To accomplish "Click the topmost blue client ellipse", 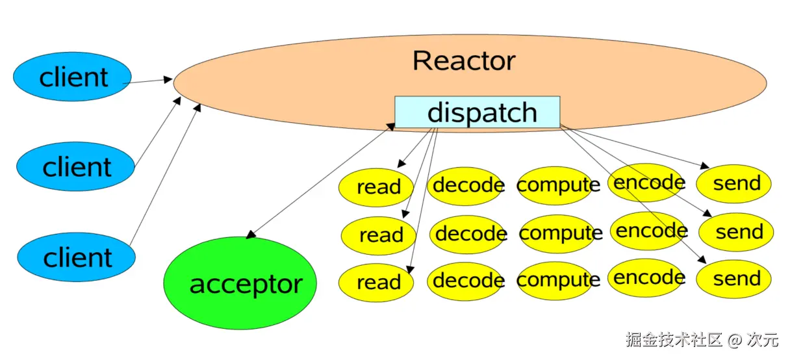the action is pyautogui.click(x=72, y=77).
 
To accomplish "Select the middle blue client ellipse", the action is pyautogui.click(x=75, y=166).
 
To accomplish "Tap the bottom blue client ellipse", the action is pyautogui.click(x=76, y=257).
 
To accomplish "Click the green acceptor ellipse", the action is pyautogui.click(x=240, y=283).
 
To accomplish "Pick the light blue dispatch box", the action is pyautogui.click(x=477, y=112).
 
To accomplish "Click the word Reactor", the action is pyautogui.click(x=464, y=60).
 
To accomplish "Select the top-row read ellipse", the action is pyautogui.click(x=376, y=187).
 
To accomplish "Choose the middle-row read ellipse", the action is pyautogui.click(x=378, y=235).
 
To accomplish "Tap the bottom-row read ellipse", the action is pyautogui.click(x=376, y=283).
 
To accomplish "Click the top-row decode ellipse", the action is pyautogui.click(x=466, y=186).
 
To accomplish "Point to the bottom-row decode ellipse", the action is pyautogui.click(x=466, y=281).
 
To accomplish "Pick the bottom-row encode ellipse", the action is pyautogui.click(x=646, y=278).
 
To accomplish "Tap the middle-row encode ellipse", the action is pyautogui.click(x=648, y=231).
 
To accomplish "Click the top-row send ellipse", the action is pyautogui.click(x=734, y=184).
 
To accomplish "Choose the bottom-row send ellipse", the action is pyautogui.click(x=734, y=279).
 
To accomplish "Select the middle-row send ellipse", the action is pyautogui.click(x=736, y=232).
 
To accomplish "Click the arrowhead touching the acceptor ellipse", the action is pyautogui.click(x=251, y=235).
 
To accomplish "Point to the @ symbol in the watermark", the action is pyautogui.click(x=735, y=340).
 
